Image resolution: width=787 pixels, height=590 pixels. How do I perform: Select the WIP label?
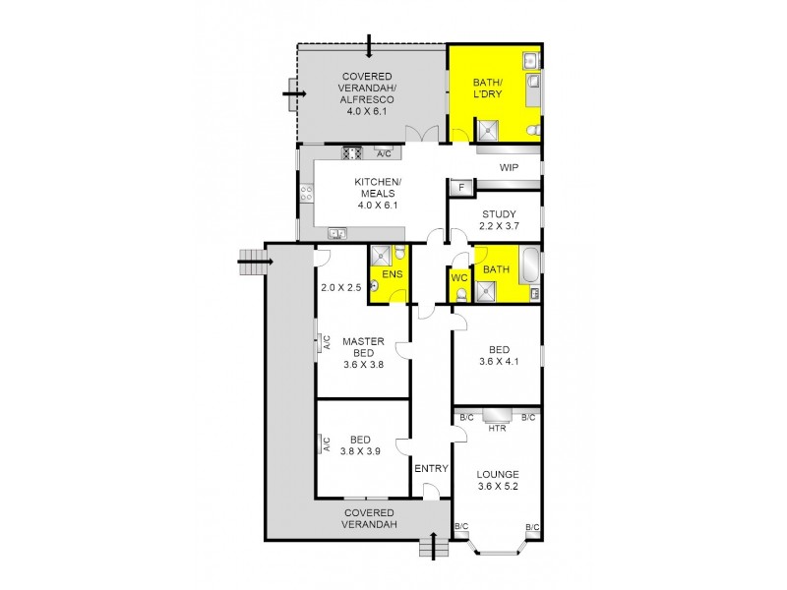tap(509, 168)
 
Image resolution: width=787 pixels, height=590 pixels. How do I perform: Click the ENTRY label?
tap(431, 468)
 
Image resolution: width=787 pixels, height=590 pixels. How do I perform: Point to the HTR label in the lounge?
tap(497, 428)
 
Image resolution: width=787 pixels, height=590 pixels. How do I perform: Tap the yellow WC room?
tap(459, 279)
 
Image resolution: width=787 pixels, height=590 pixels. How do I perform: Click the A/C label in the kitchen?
tap(384, 152)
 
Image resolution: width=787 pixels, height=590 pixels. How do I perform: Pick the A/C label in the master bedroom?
tap(325, 343)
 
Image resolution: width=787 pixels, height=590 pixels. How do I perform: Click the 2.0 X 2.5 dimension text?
tap(341, 288)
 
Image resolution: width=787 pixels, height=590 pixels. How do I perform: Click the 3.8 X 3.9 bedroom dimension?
tap(360, 452)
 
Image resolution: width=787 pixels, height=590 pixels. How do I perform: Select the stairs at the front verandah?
tap(431, 547)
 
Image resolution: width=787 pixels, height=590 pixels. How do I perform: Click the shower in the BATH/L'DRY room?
tap(487, 130)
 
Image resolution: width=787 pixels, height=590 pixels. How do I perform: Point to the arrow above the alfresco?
tap(368, 45)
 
